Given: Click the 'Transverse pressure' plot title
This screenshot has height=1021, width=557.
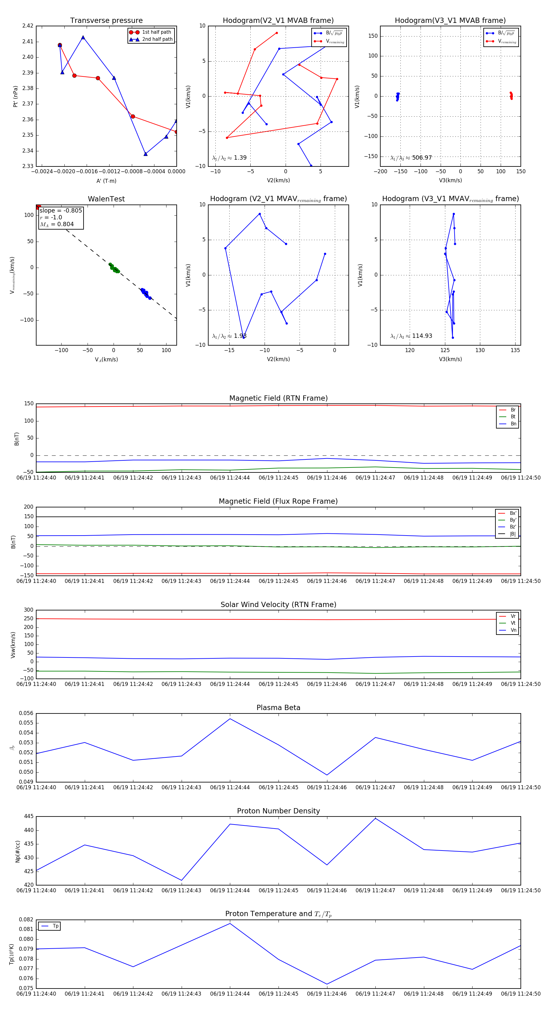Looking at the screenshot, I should [106, 21].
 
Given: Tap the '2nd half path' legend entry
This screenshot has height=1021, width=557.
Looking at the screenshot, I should [157, 39].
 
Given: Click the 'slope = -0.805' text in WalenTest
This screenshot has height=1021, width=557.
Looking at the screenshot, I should [61, 210].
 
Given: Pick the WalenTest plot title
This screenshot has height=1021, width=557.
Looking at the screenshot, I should [106, 199].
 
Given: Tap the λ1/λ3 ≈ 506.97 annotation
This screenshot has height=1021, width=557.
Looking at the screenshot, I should [411, 158].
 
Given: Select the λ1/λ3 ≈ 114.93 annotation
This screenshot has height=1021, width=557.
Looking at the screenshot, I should [411, 336].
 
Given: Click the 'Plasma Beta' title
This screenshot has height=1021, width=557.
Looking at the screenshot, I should [278, 708].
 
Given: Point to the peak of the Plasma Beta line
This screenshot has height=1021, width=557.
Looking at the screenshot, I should [230, 719].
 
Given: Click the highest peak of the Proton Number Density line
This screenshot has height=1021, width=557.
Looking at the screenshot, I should [375, 818].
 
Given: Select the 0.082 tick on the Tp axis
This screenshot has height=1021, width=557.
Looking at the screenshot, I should [26, 920].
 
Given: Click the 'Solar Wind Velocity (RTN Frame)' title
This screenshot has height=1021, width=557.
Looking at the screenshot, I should [278, 605].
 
